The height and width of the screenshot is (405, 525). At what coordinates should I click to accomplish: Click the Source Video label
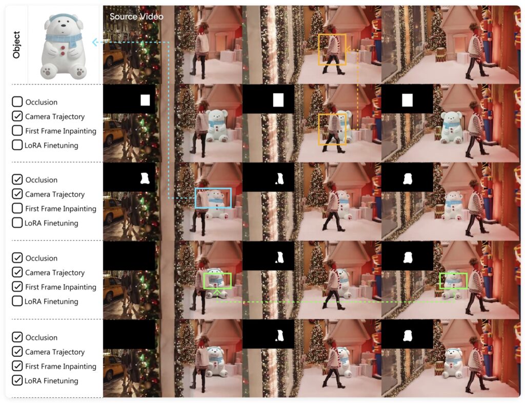coord(136,16)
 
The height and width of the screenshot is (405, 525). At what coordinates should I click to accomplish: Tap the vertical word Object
coord(16,45)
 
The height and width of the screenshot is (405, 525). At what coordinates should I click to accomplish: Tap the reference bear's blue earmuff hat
coord(63,17)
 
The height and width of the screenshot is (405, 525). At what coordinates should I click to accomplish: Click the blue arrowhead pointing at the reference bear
coord(95,43)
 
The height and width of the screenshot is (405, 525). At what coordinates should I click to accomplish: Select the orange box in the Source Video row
coord(332,49)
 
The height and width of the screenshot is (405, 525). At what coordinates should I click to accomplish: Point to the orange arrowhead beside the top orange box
coord(348,50)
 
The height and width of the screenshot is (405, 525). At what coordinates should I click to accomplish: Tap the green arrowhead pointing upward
coord(217,293)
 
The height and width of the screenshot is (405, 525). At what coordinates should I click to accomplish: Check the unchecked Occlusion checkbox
coord(17,102)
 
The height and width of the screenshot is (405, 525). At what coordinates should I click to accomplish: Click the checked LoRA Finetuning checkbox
coord(17,380)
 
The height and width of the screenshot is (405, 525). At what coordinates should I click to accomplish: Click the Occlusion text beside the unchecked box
coord(41,102)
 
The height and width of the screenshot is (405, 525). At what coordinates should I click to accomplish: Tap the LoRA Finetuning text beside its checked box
coord(51,381)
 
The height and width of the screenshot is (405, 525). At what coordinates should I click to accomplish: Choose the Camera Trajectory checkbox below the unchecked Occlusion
coord(17,116)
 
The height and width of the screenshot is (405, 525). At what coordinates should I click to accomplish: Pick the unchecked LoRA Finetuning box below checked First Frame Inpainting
coord(17,301)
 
